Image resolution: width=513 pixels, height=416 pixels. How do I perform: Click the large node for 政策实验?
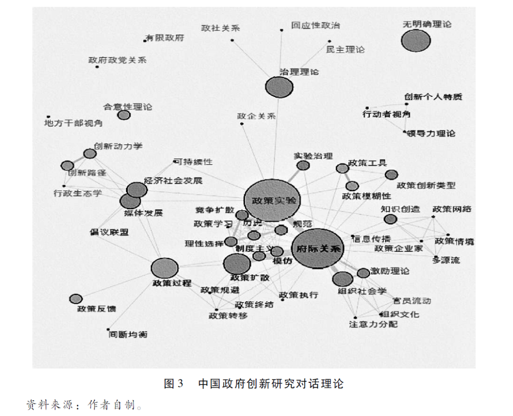pos(272,200)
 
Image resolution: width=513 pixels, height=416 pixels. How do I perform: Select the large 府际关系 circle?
pos(317,248)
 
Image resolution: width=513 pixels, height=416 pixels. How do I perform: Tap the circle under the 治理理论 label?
pos(279,87)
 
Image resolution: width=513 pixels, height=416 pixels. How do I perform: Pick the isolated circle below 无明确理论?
pos(416,41)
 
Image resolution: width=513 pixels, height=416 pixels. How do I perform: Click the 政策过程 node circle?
pos(164,268)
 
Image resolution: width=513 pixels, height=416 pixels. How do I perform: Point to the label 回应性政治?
pos(315,26)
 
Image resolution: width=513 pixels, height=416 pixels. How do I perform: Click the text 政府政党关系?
pos(117,60)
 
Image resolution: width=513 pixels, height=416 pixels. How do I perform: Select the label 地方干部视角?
pos(73,123)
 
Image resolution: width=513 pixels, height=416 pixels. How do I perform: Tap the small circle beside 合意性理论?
pos(123,115)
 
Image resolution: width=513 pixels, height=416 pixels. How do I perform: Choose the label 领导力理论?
pos(432,133)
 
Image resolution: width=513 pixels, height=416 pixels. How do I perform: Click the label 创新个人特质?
pos(433,97)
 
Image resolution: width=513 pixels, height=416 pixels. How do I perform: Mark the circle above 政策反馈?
pos(76,299)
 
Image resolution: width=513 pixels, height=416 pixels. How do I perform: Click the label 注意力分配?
pos(373,324)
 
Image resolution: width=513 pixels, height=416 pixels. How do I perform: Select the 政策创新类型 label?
pos(426,185)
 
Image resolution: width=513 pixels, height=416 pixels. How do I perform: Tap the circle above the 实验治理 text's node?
pos(303,165)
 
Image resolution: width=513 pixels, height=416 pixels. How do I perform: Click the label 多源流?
pos(446,260)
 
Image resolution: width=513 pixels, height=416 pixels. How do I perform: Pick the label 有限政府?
pos(165,38)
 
